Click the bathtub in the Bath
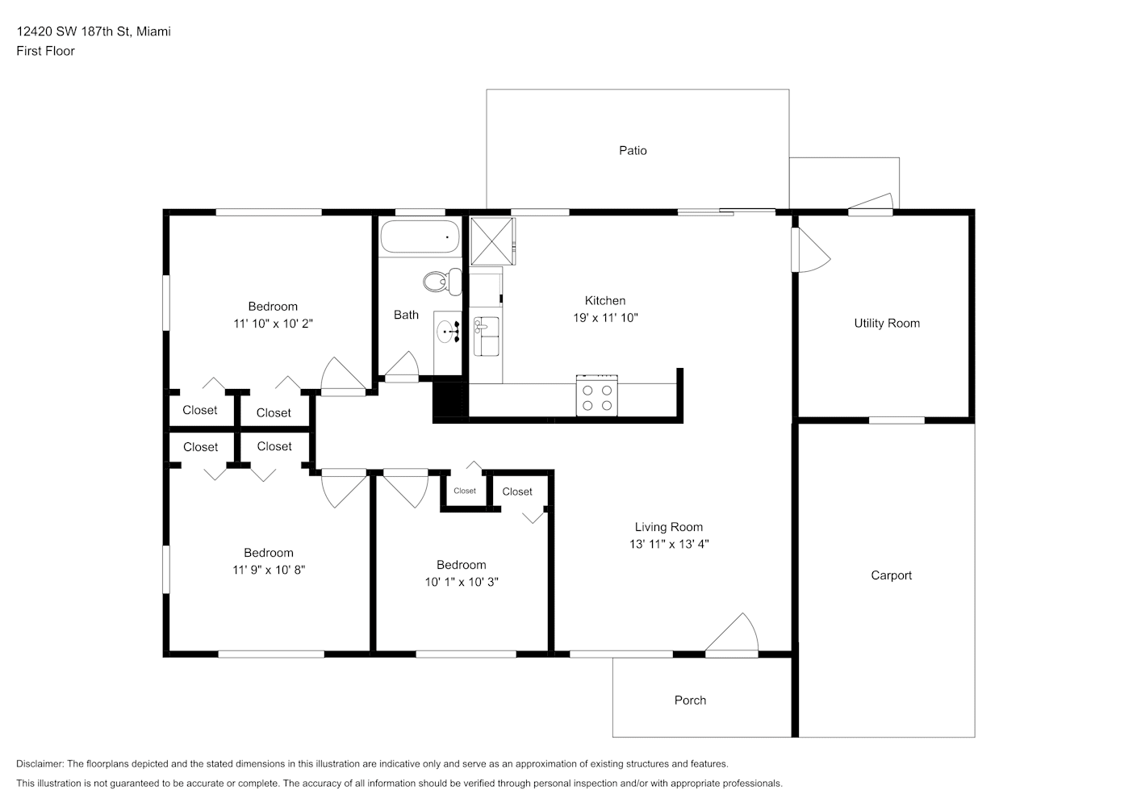tap(420, 236)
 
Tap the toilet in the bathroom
tap(442, 281)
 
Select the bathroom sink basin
tap(445, 332)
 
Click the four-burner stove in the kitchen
tap(597, 395)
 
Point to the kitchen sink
tap(486, 337)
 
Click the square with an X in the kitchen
tap(492, 241)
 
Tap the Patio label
tap(633, 150)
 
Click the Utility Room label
tap(887, 323)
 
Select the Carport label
tap(891, 575)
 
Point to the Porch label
tap(690, 700)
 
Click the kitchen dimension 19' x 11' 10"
tap(605, 318)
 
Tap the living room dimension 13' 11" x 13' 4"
tap(669, 544)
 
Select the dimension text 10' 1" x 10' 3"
tap(462, 582)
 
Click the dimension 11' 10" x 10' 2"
tap(273, 324)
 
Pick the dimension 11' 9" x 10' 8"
tap(269, 570)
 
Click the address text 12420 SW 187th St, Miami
tap(94, 31)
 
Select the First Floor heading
tap(45, 51)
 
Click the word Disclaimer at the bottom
tap(40, 763)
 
